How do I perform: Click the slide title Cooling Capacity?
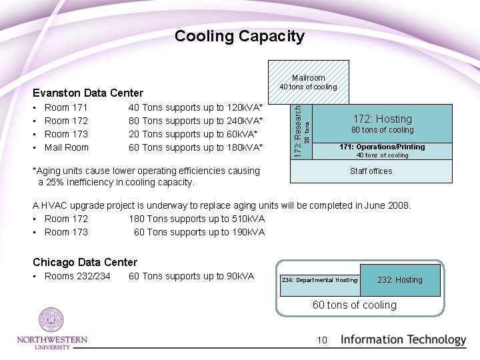click(x=239, y=37)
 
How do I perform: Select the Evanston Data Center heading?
click(x=88, y=93)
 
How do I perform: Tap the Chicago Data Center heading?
click(x=85, y=262)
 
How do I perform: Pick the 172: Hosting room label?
click(x=382, y=119)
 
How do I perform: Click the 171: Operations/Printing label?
click(x=382, y=147)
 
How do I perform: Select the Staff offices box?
click(x=371, y=171)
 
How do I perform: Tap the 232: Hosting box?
click(x=400, y=280)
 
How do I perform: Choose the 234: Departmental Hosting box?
click(x=319, y=280)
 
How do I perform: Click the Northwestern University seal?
click(x=51, y=321)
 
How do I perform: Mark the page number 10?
click(x=322, y=340)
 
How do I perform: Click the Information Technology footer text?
click(x=403, y=339)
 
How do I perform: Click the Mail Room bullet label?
click(x=66, y=147)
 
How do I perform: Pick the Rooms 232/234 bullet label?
click(x=77, y=276)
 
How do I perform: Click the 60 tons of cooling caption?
click(x=355, y=305)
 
